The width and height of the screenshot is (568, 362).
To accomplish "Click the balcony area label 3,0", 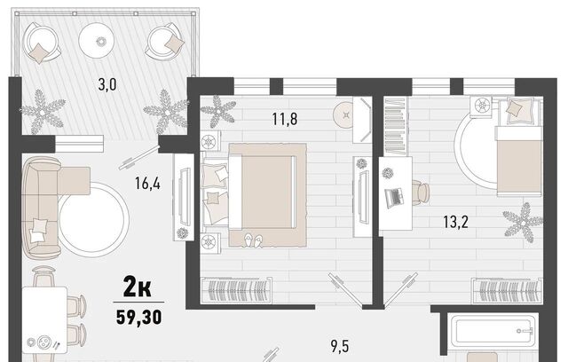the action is click(107, 84).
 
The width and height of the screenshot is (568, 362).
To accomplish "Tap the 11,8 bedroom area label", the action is click(285, 119).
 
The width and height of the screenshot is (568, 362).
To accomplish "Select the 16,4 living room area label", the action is click(147, 183).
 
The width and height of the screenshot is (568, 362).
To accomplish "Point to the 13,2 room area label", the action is click(455, 221).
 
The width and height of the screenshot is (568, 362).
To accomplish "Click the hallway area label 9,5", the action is click(340, 346).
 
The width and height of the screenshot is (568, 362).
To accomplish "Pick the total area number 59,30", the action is click(139, 317).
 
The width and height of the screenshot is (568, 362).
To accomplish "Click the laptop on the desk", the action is click(394, 198).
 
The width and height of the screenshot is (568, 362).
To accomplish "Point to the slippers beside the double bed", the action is click(253, 240).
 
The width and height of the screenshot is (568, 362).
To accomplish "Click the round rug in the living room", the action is click(93, 220).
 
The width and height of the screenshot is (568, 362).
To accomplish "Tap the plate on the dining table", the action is click(43, 342).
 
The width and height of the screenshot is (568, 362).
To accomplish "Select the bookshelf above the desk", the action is click(395, 126).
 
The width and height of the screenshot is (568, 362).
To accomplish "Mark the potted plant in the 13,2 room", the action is click(523, 223).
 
